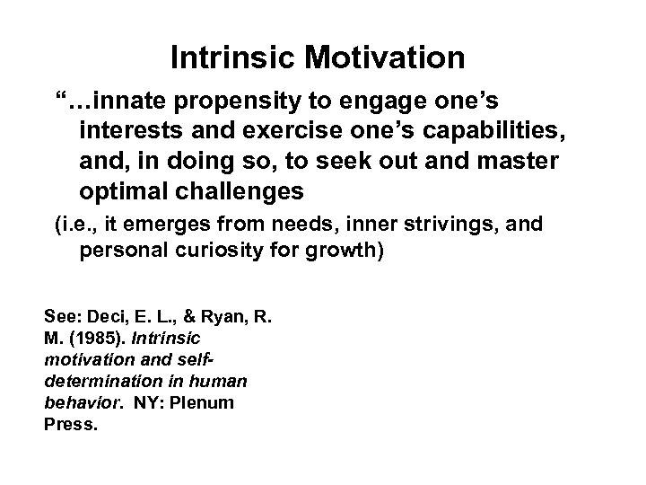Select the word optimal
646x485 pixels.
pyautogui.click(x=127, y=193)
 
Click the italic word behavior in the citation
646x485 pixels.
pyautogui.click(x=75, y=401)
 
